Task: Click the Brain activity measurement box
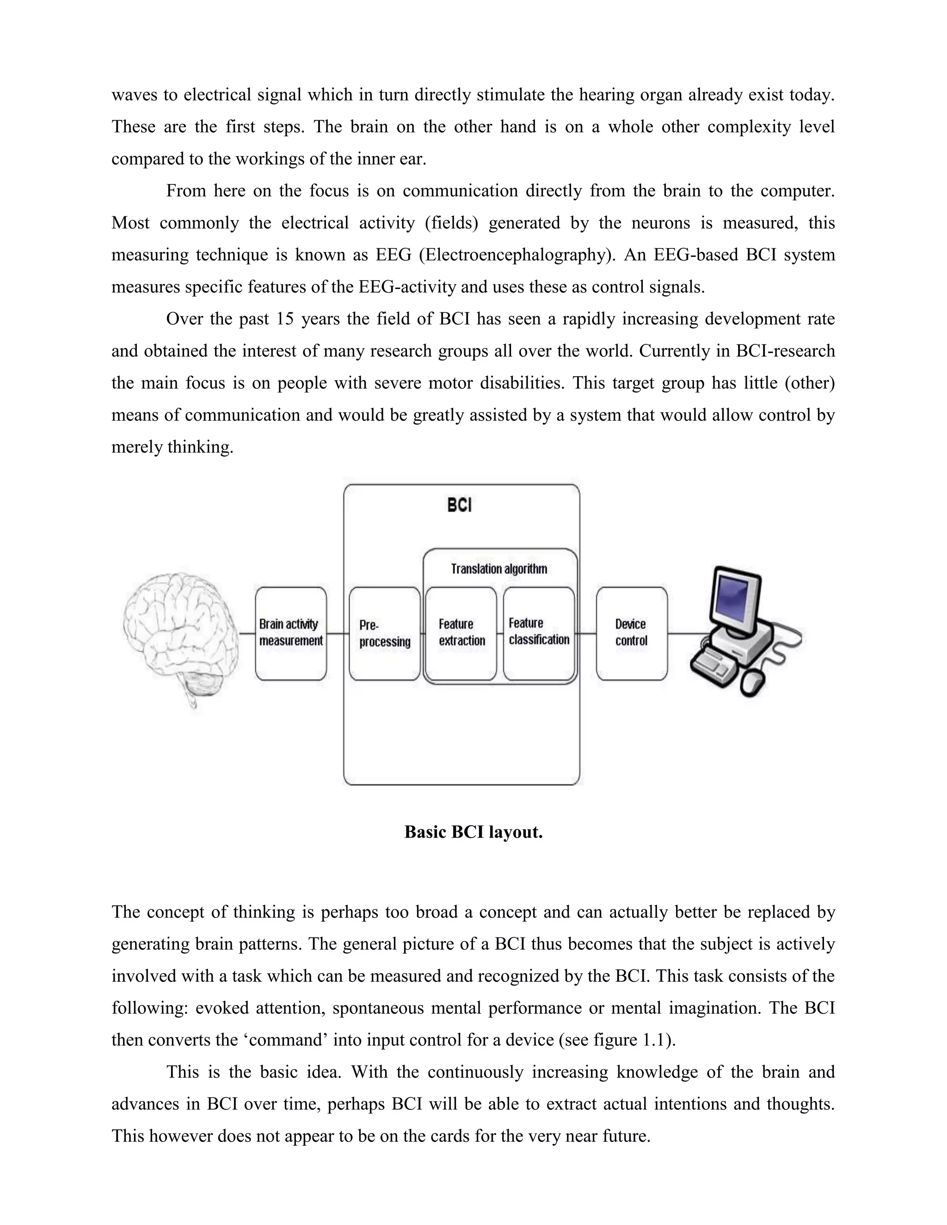pos(290,633)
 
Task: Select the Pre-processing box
pos(384,633)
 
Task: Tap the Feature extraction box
pos(461,633)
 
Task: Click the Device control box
pos(632,633)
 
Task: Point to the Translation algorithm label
pos(499,569)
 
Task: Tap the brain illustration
pos(179,634)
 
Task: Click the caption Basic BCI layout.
pos(473,832)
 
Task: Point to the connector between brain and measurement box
pos(247,634)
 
